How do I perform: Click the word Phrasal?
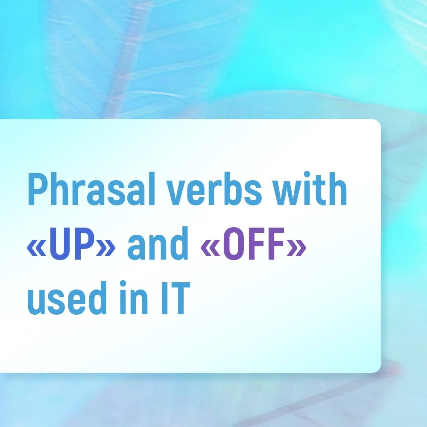(91, 188)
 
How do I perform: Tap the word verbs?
(214, 188)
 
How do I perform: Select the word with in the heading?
(310, 188)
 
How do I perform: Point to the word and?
(158, 243)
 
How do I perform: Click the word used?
(67, 298)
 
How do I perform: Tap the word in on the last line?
(134, 297)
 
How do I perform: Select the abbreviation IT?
(175, 298)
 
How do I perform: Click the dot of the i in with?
(307, 175)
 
